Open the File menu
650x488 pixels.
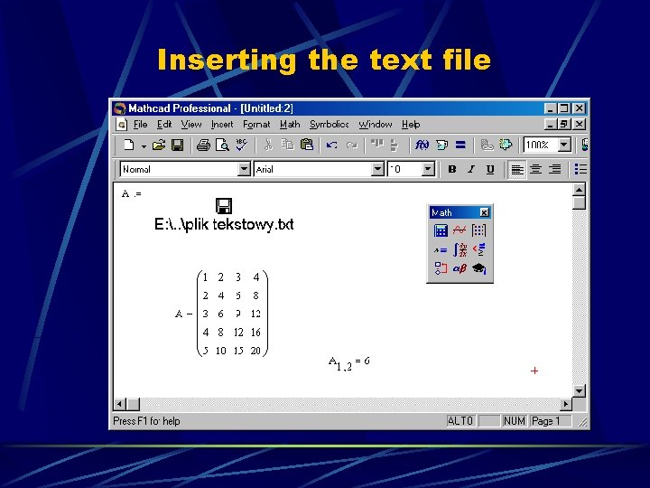pos(140,125)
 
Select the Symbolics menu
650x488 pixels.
pos(329,125)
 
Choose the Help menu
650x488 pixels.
pos(411,125)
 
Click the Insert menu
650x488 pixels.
pos(222,125)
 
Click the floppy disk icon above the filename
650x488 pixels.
pos(223,206)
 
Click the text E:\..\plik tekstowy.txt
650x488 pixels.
pos(224,224)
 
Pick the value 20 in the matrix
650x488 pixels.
pos(255,351)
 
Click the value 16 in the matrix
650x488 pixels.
pos(255,333)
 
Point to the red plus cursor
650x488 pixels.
pos(534,371)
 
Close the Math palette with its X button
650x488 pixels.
pos(484,212)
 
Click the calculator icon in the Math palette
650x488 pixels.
pos(441,230)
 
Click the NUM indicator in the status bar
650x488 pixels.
pos(515,421)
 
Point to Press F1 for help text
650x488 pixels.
pos(146,421)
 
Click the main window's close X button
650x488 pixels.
pos(580,108)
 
